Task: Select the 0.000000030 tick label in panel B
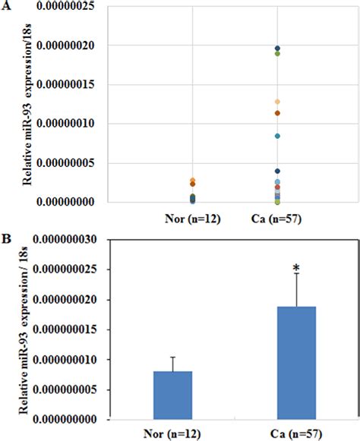point(62,240)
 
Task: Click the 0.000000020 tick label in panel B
point(62,300)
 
